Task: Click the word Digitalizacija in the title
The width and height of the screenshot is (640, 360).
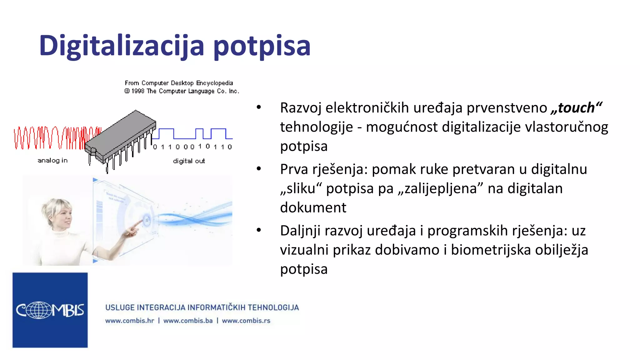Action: point(122,46)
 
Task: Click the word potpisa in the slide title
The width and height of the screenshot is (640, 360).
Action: point(262,47)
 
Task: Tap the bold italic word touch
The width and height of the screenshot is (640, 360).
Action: point(576,107)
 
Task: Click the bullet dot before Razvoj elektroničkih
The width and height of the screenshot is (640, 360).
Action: point(258,107)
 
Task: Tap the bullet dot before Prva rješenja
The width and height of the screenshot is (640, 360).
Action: point(258,169)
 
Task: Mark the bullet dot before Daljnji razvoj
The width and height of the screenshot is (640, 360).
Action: point(258,230)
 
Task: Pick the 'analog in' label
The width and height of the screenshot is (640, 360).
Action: point(52,160)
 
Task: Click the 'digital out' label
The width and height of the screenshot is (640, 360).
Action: point(189,161)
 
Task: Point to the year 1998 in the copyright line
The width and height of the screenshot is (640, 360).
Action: point(137,91)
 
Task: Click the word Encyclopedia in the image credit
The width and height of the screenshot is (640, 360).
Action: point(214,83)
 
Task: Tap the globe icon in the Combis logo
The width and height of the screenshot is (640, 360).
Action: point(39,310)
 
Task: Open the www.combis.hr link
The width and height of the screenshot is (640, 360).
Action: point(129,321)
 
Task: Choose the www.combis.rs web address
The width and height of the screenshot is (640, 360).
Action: point(246,321)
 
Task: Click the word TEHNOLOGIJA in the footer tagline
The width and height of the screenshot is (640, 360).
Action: point(273,307)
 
